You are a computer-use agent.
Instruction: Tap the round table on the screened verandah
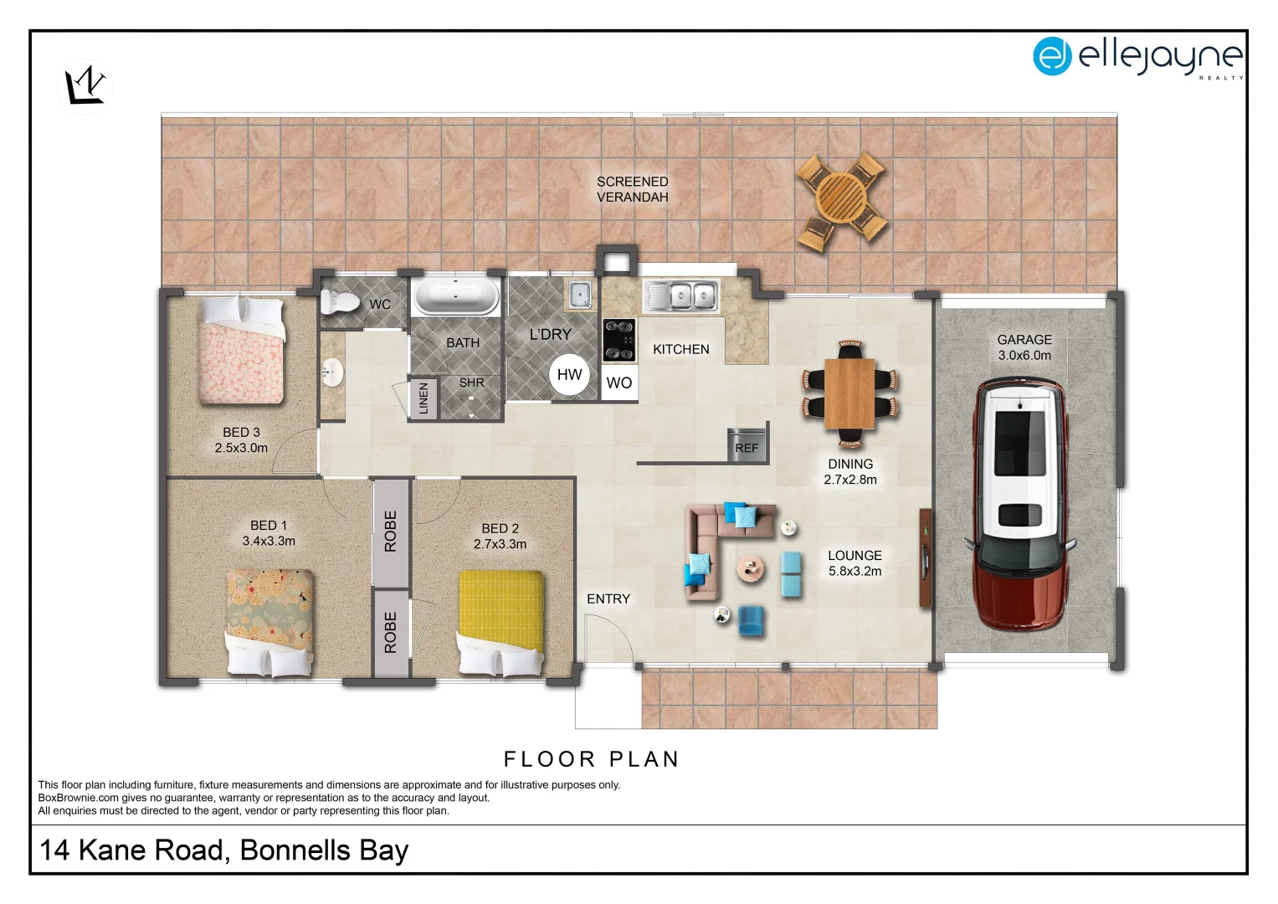point(842,198)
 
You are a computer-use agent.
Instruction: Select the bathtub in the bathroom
point(456,296)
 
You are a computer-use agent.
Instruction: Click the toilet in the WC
point(338,302)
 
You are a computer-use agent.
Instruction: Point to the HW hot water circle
point(569,374)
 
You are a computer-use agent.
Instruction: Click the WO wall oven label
point(618,383)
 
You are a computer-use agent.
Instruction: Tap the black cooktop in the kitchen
point(618,339)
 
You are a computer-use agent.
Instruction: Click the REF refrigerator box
point(747,444)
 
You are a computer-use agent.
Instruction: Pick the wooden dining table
point(849,393)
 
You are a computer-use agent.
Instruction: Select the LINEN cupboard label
point(423,398)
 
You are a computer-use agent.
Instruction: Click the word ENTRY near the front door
point(608,598)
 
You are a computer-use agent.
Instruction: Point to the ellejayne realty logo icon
point(1052,56)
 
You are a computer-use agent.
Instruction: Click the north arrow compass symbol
point(86,85)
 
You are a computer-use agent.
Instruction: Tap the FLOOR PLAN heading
point(591,759)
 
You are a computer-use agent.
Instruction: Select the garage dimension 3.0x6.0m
point(1024,355)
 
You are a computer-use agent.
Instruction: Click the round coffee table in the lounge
point(751,569)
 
